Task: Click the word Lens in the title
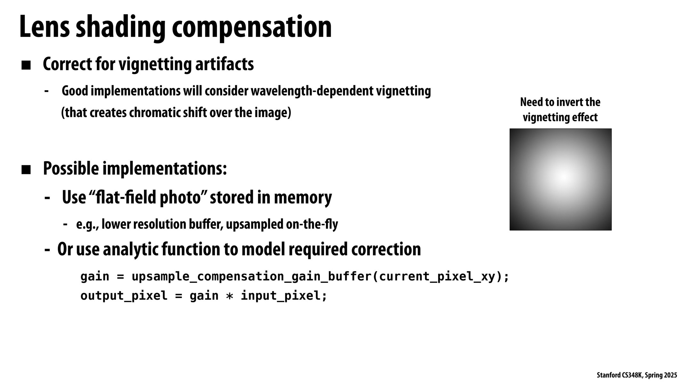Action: coord(45,27)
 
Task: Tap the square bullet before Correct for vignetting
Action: coord(26,66)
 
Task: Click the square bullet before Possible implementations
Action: coord(26,170)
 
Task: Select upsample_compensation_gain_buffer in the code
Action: coord(251,276)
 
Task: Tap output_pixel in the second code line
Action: coord(124,296)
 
